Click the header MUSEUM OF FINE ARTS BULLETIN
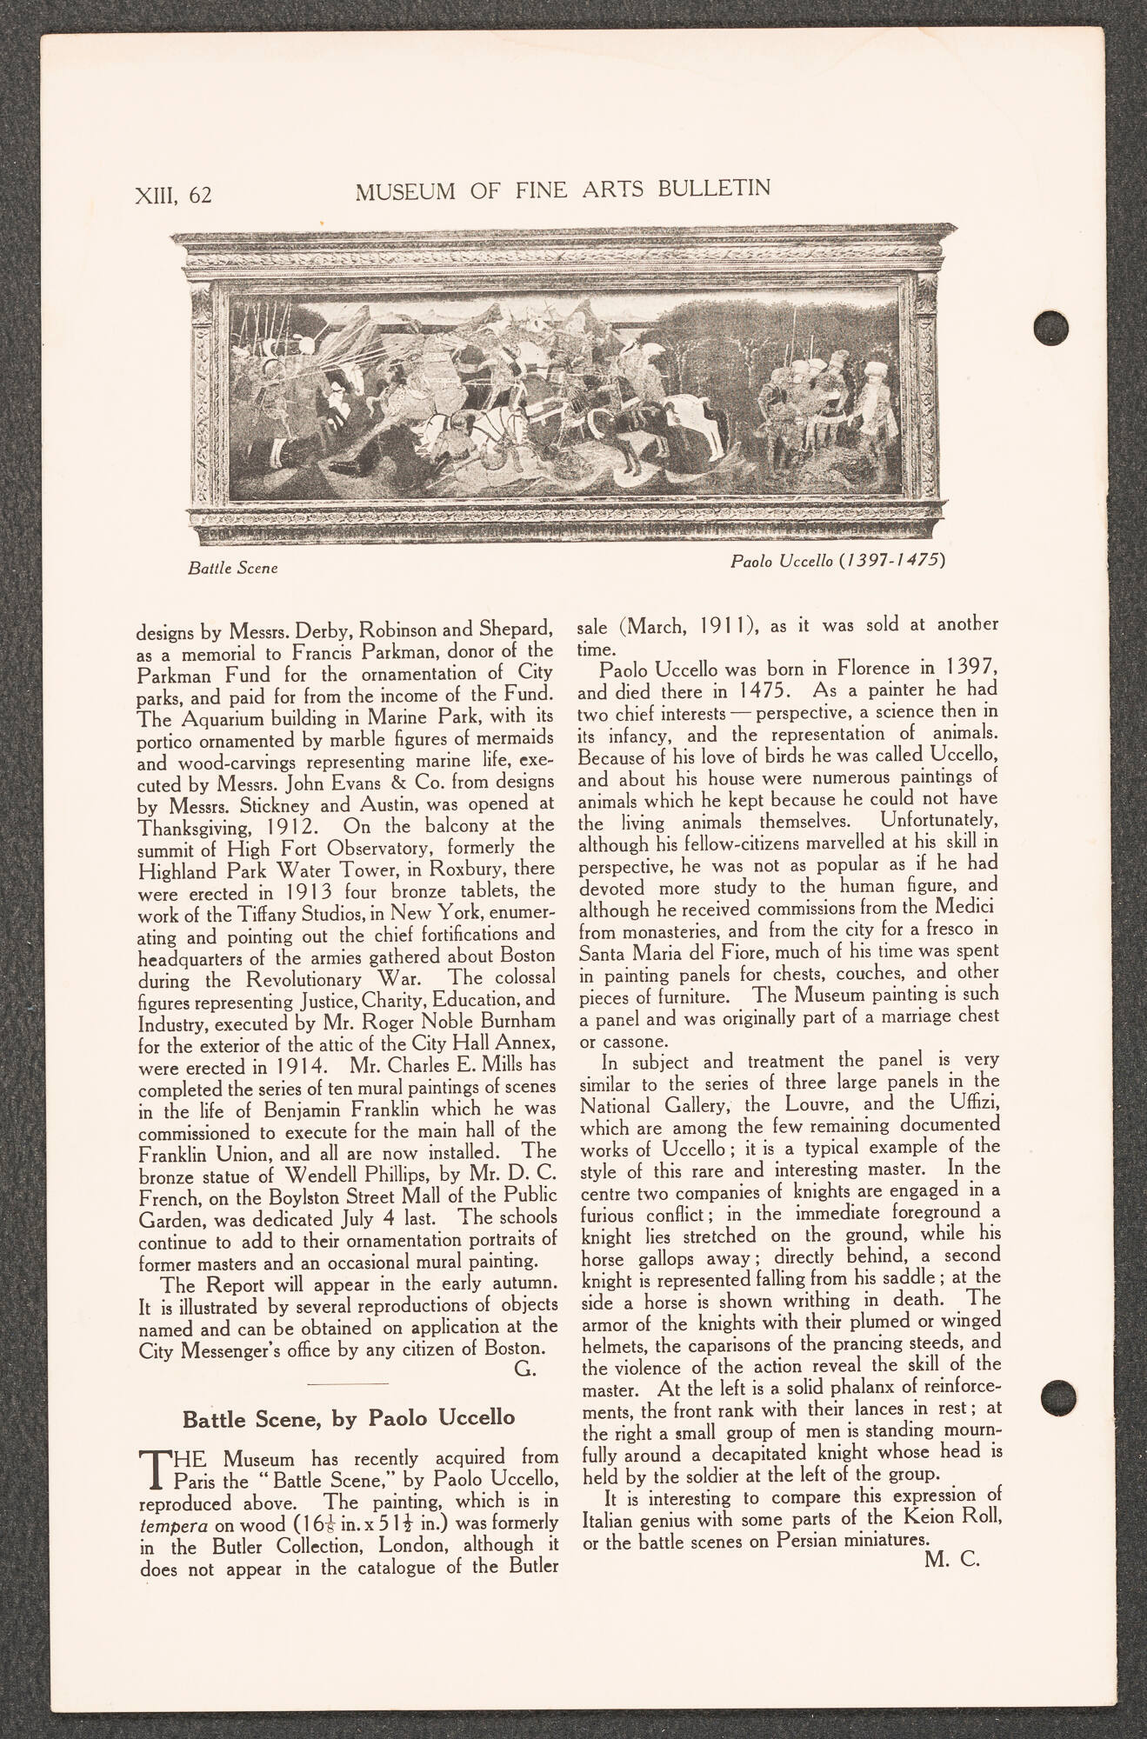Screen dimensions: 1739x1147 [x=563, y=190]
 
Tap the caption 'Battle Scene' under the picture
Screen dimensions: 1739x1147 [x=232, y=569]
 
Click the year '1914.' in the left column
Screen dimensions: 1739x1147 [x=301, y=1064]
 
